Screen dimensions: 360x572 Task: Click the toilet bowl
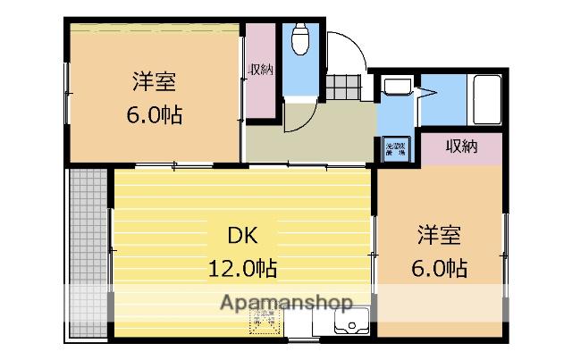300,37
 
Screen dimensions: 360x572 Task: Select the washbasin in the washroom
396,87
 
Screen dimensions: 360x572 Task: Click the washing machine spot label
395,147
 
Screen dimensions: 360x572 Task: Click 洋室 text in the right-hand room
440,236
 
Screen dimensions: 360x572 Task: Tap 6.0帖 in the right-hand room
440,267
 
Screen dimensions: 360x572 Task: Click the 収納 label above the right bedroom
462,146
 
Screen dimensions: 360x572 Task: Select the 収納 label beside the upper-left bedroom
260,70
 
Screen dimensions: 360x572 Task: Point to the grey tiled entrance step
341,88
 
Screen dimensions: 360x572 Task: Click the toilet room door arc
300,116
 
